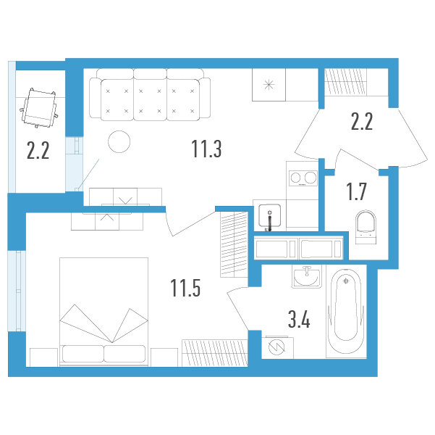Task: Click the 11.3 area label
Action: tap(206, 149)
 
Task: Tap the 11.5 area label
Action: tap(185, 288)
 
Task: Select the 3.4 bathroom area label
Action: tap(299, 320)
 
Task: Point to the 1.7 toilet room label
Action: tap(357, 191)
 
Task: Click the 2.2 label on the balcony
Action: tap(38, 150)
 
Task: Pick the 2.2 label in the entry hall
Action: tap(362, 122)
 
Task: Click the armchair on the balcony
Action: tap(39, 108)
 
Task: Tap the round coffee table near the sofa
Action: tap(119, 141)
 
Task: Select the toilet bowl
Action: tap(366, 227)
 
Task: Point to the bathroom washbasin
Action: tap(307, 276)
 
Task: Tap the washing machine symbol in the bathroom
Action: tap(277, 347)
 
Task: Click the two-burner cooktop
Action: tap(303, 178)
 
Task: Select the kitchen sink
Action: tap(269, 215)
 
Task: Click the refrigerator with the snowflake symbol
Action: tap(269, 85)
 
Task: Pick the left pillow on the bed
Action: tap(83, 354)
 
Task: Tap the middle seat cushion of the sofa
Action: tap(150, 100)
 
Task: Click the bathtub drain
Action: tap(346, 281)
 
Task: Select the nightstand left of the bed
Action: tap(43, 357)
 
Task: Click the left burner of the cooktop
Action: tap(296, 178)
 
